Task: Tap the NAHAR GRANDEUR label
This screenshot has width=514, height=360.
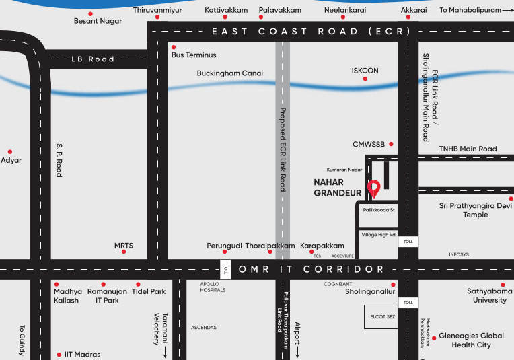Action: click(x=338, y=188)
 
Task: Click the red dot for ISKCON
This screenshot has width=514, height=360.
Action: click(x=365, y=79)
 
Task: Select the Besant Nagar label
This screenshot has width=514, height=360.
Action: click(x=98, y=22)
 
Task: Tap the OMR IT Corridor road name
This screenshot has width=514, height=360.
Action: click(x=311, y=269)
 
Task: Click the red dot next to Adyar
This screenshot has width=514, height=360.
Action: click(x=10, y=152)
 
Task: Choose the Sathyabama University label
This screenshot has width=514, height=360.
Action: click(x=490, y=296)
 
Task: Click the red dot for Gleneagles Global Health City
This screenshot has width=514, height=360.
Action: click(x=434, y=336)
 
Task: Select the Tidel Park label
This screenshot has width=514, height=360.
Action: click(x=150, y=292)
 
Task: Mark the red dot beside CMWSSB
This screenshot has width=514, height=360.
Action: click(x=390, y=144)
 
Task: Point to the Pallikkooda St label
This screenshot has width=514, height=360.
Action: click(x=378, y=210)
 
